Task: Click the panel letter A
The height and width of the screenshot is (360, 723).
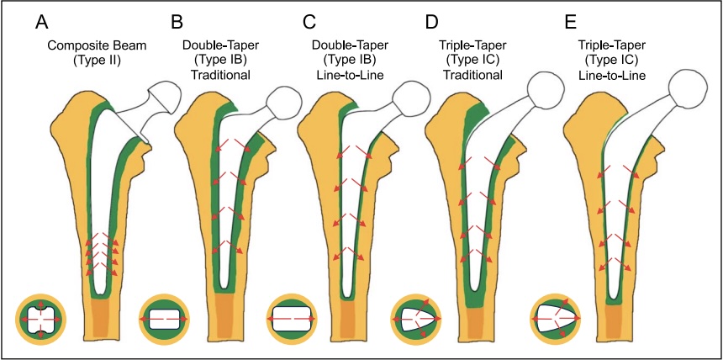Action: (x=39, y=19)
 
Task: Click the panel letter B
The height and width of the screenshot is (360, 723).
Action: (x=177, y=19)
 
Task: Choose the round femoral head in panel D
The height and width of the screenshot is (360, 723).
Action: (x=540, y=87)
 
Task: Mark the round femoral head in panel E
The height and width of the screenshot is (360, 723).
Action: (x=679, y=87)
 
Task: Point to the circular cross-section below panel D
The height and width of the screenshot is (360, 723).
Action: (x=419, y=321)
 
